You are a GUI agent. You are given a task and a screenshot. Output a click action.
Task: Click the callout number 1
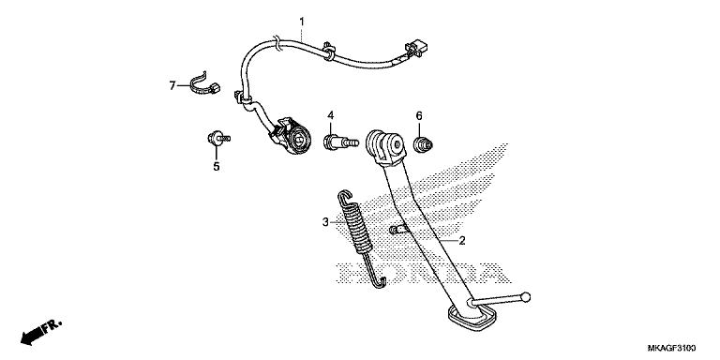point(302,22)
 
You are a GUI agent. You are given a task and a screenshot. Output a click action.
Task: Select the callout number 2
point(460,241)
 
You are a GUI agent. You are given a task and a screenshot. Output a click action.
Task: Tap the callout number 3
point(325,222)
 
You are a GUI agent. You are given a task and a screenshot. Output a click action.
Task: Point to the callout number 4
point(331,115)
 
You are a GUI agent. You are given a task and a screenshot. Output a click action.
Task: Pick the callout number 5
point(216,167)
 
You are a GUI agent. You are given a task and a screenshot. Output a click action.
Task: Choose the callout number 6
point(419,116)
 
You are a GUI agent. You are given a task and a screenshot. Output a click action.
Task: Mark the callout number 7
point(172,85)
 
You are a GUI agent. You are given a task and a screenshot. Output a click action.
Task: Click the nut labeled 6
point(424,144)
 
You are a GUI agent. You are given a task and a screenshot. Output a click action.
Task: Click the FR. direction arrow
point(39,331)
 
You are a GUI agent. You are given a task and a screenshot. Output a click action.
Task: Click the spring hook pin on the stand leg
point(397,230)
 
